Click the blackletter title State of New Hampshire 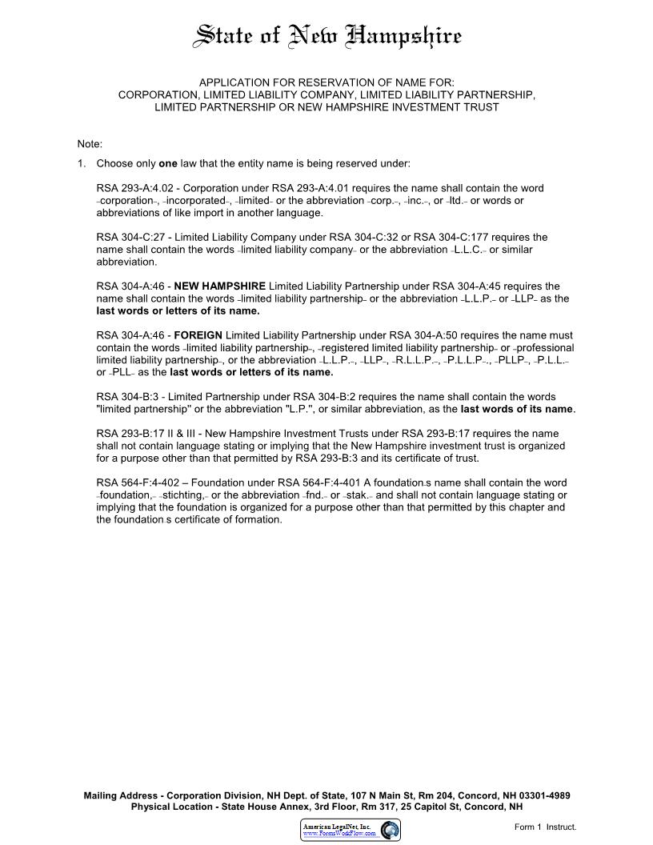(x=328, y=37)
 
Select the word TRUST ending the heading (x=481, y=106)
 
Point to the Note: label (x=90, y=144)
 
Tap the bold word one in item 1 (x=168, y=163)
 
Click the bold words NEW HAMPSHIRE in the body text (x=220, y=286)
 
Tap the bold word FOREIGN (x=198, y=335)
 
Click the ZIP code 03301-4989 (x=536, y=796)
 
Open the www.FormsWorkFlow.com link (x=339, y=834)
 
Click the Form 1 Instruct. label (x=545, y=827)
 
